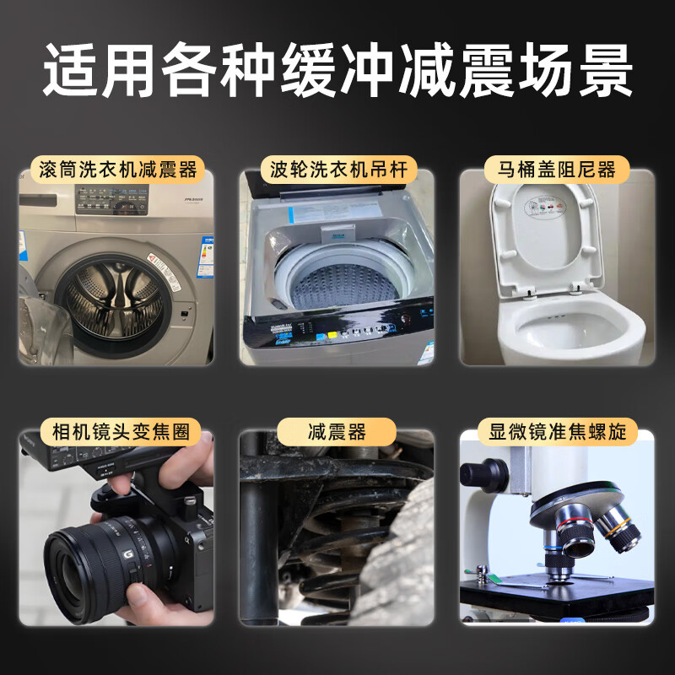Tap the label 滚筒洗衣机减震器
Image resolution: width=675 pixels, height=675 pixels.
click(117, 169)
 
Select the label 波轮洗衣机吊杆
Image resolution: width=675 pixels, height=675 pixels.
click(337, 169)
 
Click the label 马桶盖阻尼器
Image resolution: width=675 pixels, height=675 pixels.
click(557, 169)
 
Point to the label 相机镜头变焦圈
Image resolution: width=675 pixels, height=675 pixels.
click(117, 432)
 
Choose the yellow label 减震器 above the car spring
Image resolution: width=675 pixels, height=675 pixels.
click(337, 432)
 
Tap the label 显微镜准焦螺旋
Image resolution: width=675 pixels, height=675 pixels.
click(557, 432)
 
